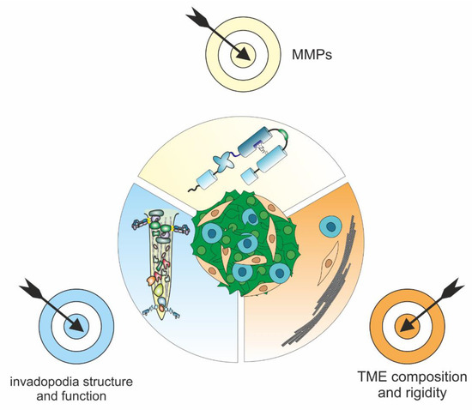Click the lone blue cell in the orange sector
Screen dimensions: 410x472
[x=329, y=226]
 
